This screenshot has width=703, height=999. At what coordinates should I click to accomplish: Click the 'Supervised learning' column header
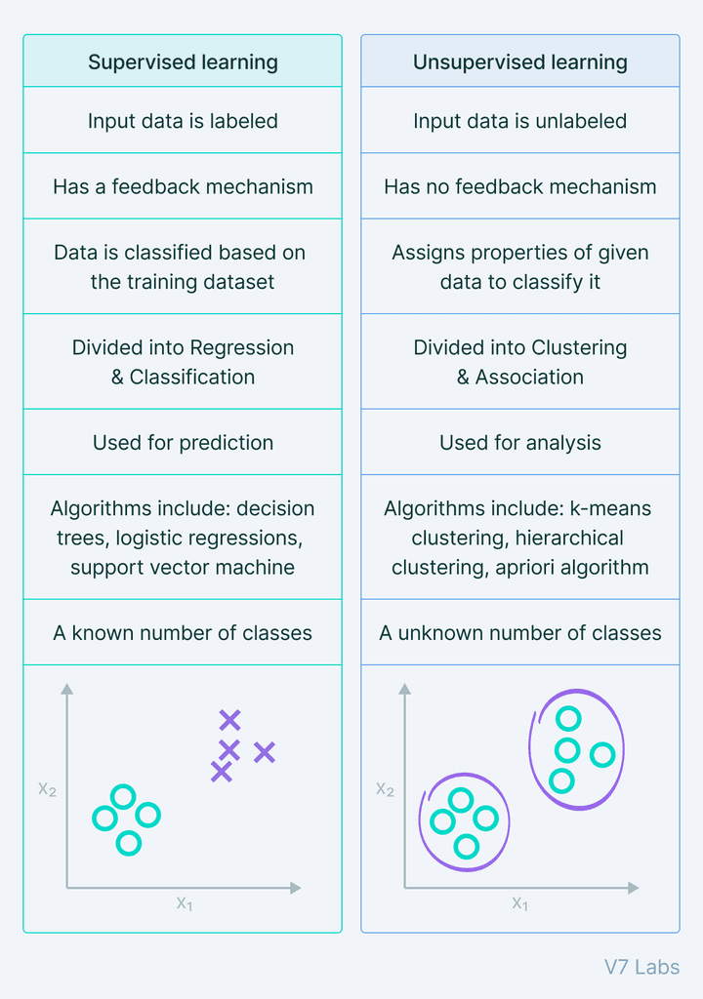pos(183,62)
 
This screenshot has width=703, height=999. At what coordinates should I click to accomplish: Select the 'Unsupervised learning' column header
pos(519,62)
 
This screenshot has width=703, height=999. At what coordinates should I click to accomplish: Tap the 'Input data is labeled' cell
pos(183,121)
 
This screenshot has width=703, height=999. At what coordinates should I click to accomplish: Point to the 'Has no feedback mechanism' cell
pos(519,186)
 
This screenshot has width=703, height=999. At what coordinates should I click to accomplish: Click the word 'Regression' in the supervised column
pos(241,347)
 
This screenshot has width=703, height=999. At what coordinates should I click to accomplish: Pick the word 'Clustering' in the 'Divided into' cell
pos(579,347)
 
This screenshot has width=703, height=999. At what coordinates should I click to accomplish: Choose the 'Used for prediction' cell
pos(183,443)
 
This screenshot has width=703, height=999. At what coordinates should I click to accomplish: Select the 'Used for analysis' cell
pos(519,443)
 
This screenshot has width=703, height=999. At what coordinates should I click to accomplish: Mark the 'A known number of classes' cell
pos(183,632)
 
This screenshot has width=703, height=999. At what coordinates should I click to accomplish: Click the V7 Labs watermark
pos(641,967)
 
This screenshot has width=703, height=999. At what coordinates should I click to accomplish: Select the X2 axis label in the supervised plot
pos(47,788)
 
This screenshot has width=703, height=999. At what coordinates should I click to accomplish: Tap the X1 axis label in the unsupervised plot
pos(519,903)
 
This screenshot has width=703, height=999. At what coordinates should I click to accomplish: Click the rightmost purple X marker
pos(265,752)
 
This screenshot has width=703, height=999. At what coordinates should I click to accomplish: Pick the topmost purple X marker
pos(229,721)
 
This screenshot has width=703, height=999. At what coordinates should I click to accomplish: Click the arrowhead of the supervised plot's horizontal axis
pos(295,888)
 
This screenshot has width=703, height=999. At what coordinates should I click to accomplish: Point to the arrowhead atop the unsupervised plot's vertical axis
pos(404,689)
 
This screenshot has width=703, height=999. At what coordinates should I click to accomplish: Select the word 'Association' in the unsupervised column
pos(529,377)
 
